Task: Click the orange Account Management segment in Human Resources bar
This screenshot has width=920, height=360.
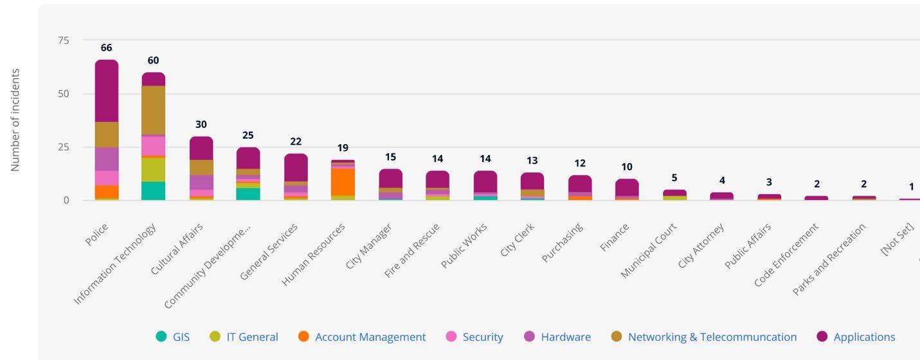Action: [343, 182]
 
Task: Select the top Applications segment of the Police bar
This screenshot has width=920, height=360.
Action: [107, 91]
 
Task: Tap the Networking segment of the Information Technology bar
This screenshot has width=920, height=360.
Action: [154, 110]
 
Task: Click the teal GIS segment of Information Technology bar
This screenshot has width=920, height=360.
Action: [154, 191]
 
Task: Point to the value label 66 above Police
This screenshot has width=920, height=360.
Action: [107, 48]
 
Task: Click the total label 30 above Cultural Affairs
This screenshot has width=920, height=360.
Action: [201, 125]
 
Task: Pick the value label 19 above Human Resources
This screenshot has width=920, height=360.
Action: [343, 148]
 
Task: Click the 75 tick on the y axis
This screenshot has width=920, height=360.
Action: [63, 40]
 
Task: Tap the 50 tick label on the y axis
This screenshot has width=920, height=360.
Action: [63, 94]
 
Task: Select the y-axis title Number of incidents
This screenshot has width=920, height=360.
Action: [15, 120]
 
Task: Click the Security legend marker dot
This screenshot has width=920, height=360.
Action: [451, 337]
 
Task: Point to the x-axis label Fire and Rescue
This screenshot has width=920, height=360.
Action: [412, 250]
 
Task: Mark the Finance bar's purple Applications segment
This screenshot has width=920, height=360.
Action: [627, 187]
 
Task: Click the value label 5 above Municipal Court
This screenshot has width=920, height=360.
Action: [674, 178]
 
